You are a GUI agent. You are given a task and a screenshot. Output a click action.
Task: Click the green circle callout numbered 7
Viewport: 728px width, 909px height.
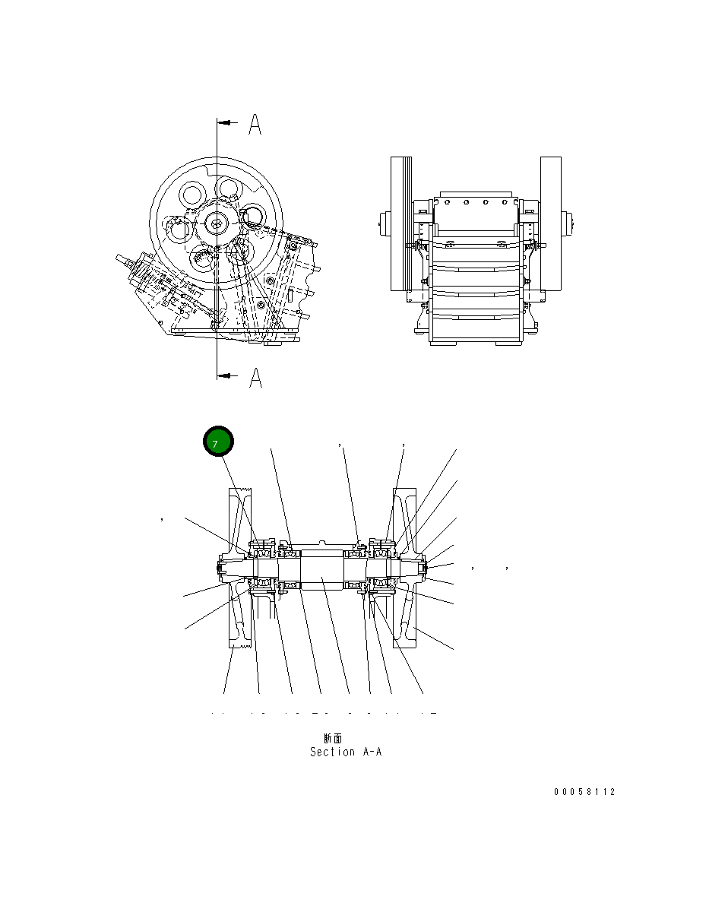pos(217,443)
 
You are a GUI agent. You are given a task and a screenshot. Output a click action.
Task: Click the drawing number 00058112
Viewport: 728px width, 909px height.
pos(584,792)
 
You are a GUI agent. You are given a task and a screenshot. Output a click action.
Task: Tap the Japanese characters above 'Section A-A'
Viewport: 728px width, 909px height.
pos(333,738)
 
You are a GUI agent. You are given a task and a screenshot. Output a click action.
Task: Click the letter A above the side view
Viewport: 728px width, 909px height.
pos(255,125)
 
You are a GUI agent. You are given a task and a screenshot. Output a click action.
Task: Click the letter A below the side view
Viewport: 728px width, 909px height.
pos(255,377)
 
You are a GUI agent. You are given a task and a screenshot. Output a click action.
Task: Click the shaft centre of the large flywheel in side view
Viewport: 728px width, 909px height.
pos(217,223)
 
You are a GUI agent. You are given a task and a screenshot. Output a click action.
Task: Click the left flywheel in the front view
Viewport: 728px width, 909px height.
pos(400,223)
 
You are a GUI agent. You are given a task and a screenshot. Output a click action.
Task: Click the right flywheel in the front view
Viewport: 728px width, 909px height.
pos(551,223)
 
